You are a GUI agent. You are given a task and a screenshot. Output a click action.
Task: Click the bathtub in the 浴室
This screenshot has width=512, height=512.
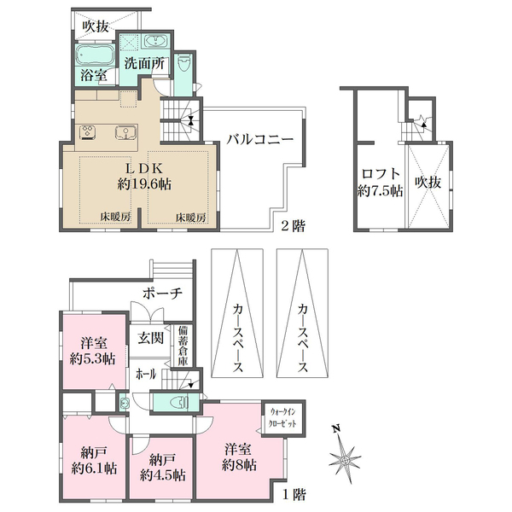point(93,55)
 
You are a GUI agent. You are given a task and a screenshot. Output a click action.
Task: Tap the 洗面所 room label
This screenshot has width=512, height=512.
point(141,64)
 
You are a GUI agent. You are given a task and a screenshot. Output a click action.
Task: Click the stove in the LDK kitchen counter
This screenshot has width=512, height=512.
point(88,132)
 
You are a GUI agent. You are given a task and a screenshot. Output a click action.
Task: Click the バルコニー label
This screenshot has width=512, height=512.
point(260,139)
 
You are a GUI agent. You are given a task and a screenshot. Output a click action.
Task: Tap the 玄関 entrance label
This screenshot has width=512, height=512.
point(151,338)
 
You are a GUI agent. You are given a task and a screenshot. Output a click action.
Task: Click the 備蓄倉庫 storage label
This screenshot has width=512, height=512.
point(183,346)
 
